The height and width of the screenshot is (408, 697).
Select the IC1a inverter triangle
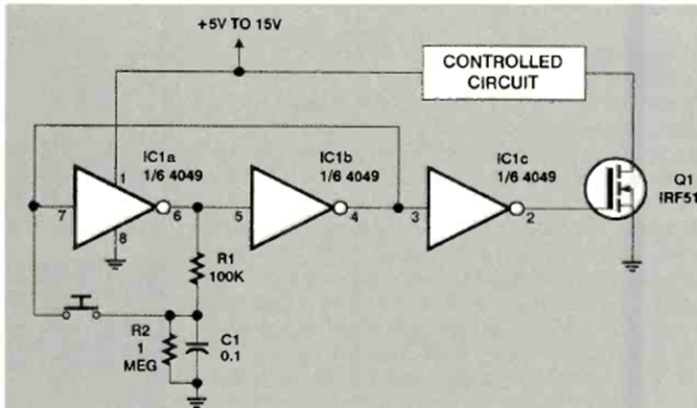point(113,205)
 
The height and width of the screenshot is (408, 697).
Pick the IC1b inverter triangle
point(291,205)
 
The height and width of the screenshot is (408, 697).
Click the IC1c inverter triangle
point(468,205)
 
